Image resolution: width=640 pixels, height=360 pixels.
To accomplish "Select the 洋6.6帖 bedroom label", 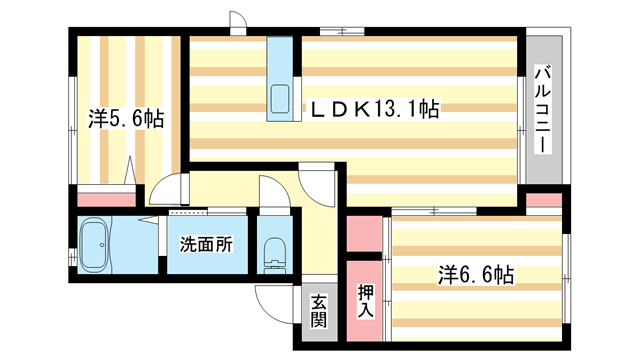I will point(476,273).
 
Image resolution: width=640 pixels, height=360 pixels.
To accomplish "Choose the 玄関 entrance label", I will point(318,311).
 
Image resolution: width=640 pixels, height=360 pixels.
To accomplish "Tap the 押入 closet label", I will point(366,301).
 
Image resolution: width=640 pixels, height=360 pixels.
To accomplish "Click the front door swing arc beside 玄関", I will point(272,297).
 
